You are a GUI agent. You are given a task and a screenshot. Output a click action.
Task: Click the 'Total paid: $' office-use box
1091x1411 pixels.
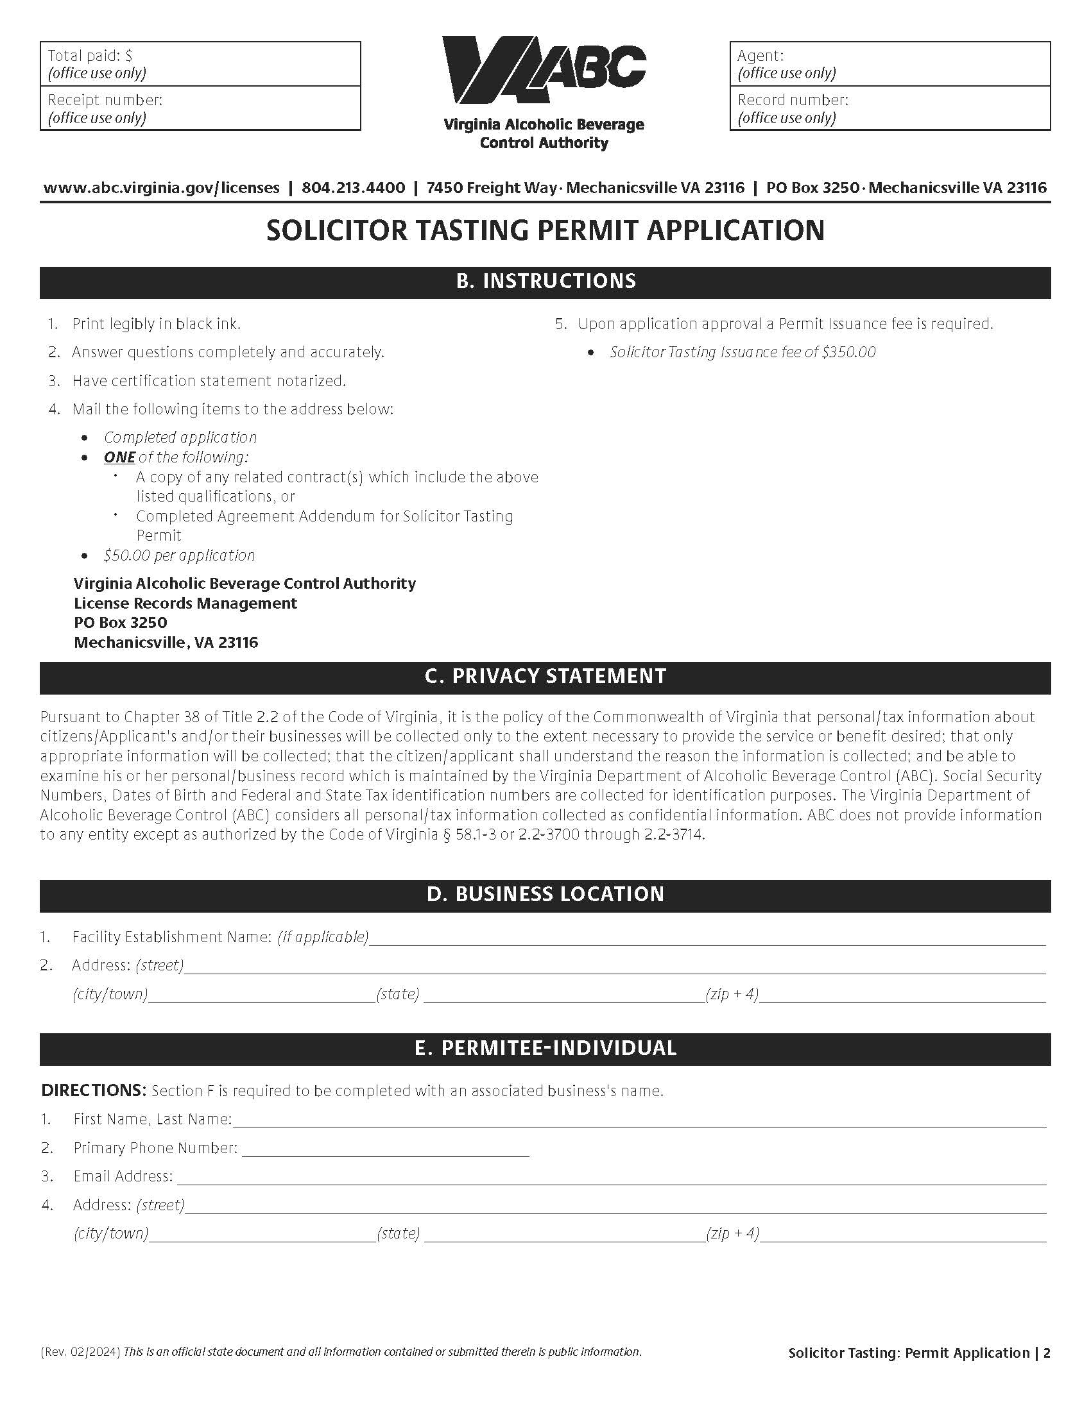coord(200,64)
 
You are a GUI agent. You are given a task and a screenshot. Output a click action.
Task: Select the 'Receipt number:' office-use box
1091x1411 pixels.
coord(200,108)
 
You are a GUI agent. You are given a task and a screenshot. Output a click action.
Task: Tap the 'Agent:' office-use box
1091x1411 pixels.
coord(889,64)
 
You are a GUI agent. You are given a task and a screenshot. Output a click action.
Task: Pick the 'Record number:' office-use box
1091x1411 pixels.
coord(889,108)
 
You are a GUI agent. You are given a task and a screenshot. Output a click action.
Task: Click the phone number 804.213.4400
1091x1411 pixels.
coord(353,188)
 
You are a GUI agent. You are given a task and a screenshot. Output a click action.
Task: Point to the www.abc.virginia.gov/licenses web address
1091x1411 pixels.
coord(162,188)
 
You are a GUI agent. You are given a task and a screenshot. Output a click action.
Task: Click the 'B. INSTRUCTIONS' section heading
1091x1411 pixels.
coord(545,282)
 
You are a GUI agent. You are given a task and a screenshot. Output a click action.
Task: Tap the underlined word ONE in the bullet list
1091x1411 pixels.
coord(119,457)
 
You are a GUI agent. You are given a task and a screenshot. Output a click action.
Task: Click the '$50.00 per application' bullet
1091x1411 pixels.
coord(179,555)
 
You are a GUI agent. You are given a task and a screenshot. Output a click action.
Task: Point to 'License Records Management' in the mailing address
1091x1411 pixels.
coord(185,604)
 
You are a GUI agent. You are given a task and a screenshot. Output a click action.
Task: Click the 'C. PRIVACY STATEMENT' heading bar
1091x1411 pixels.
coord(545,677)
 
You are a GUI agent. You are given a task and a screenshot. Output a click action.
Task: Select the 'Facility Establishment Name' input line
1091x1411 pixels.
coord(707,938)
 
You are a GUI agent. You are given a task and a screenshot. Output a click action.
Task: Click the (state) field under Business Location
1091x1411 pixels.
coord(563,994)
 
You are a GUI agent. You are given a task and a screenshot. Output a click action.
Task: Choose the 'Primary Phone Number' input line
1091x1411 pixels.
coord(385,1149)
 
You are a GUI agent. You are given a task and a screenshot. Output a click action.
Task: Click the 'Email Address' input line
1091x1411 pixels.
coord(611,1177)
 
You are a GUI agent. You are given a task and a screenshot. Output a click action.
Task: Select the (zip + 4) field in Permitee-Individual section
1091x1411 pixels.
coord(902,1234)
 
